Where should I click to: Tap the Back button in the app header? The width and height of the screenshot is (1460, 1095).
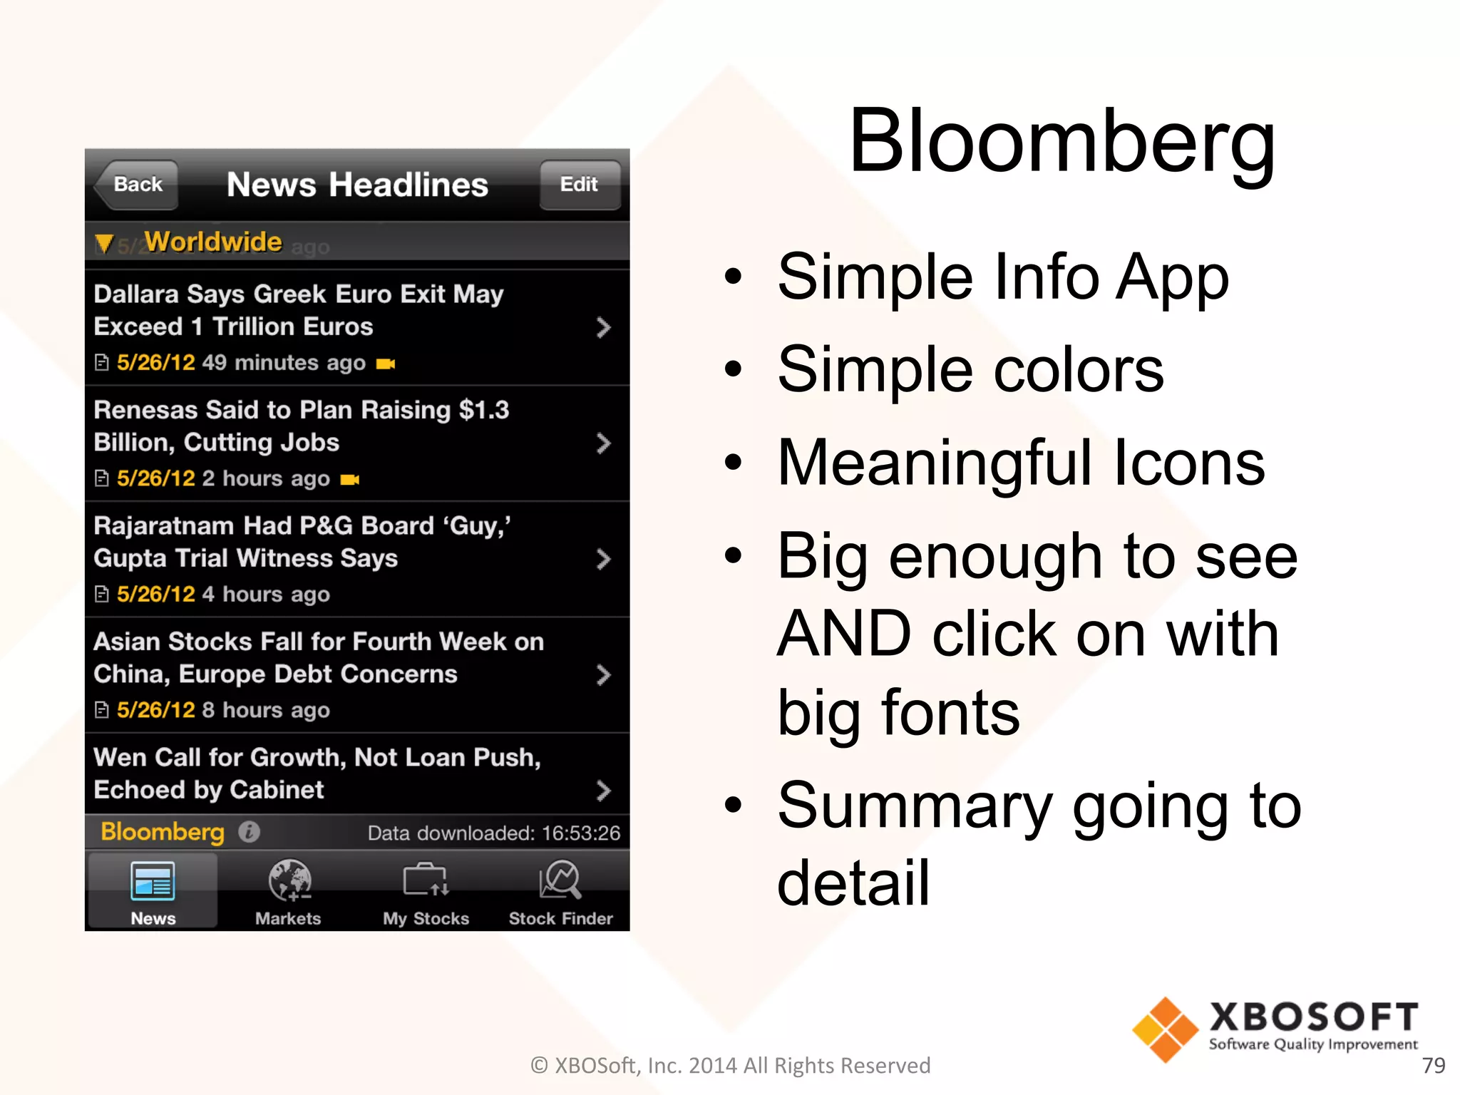pos(137,185)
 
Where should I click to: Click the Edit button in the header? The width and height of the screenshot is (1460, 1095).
pos(579,185)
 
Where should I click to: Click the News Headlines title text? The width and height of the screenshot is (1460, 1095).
pos(357,185)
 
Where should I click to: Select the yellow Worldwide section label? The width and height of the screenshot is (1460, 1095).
pos(213,242)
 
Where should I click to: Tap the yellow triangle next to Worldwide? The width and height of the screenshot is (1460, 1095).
pos(104,244)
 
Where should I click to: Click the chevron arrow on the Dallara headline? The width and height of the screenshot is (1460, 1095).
pos(603,328)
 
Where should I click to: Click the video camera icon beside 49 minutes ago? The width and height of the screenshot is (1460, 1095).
pos(386,364)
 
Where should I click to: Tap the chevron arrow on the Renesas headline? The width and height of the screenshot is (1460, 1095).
pos(603,443)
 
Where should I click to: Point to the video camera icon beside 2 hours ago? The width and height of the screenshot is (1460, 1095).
pos(350,480)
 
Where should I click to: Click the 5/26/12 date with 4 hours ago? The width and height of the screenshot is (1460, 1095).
pos(156,594)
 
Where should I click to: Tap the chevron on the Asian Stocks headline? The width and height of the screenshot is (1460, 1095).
pos(603,675)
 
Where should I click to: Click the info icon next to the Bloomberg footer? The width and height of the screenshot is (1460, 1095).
pos(249,832)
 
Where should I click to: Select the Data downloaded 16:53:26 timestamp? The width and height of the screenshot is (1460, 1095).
pos(493,833)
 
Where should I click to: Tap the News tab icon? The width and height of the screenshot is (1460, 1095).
pos(153,881)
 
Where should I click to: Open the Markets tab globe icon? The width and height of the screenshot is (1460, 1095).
pos(289,880)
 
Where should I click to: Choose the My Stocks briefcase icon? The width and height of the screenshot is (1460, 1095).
pos(426,880)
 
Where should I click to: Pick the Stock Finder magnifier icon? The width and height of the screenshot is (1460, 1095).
pos(560,880)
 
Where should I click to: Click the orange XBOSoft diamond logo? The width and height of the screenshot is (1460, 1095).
pos(1165,1029)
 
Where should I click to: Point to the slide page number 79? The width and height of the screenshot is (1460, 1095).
pos(1433,1065)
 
